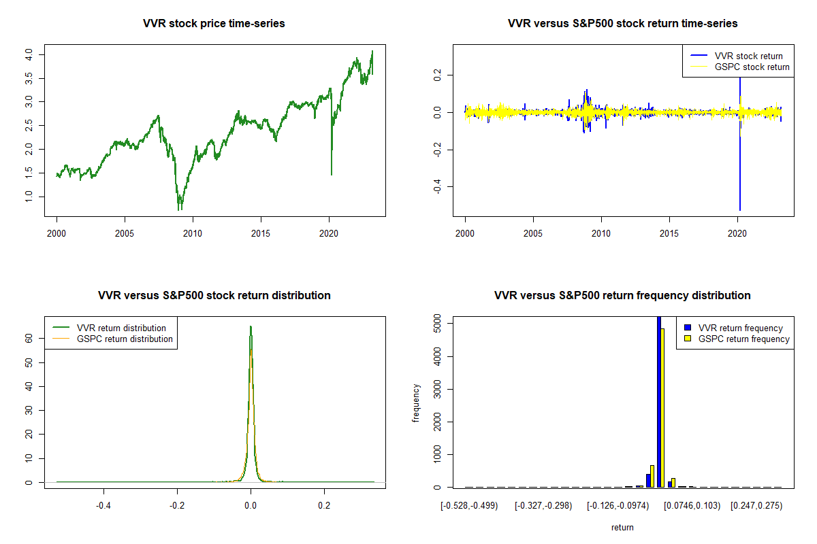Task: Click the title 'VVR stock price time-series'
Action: click(x=214, y=24)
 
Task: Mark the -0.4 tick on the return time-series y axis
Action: click(x=440, y=187)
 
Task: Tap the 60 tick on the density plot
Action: click(x=30, y=337)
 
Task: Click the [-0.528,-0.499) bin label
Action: click(x=470, y=506)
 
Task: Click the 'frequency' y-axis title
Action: click(x=416, y=403)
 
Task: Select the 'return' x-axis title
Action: click(x=622, y=527)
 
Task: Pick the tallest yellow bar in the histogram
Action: click(x=662, y=408)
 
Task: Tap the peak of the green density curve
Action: click(x=251, y=326)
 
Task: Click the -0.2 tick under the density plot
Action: click(x=177, y=506)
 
